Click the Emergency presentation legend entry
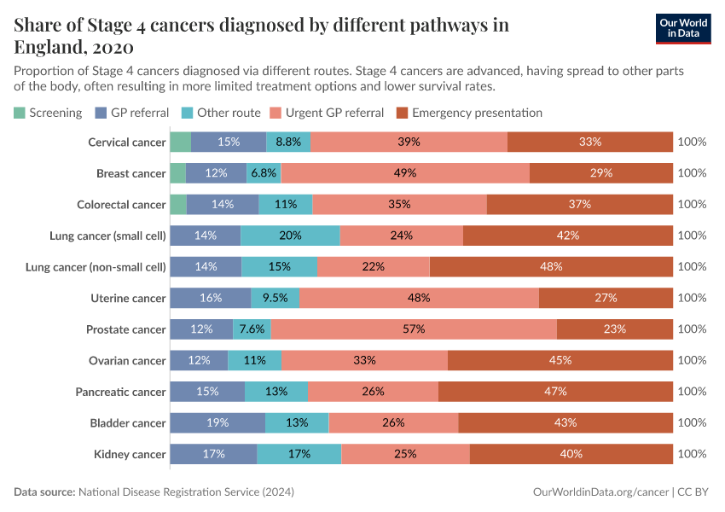(470, 113)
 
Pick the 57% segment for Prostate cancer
(414, 329)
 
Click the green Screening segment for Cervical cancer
(180, 142)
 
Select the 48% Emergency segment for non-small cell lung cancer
(551, 267)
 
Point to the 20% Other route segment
(290, 236)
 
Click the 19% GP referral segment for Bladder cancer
(217, 423)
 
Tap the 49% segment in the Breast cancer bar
(405, 173)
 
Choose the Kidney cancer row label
(130, 454)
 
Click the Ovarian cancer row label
(127, 360)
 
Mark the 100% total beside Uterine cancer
(692, 298)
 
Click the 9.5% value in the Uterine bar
(275, 298)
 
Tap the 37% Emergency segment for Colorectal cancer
(580, 204)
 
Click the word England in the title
(49, 46)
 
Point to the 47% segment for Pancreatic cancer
(555, 392)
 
